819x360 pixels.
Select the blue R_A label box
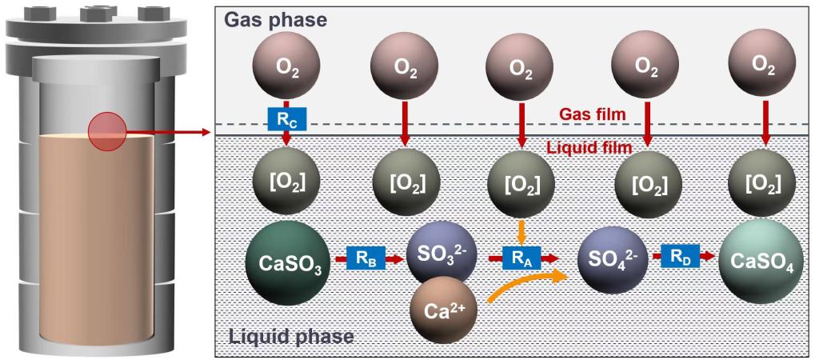[522, 258]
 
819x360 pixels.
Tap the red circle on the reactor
[106, 130]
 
